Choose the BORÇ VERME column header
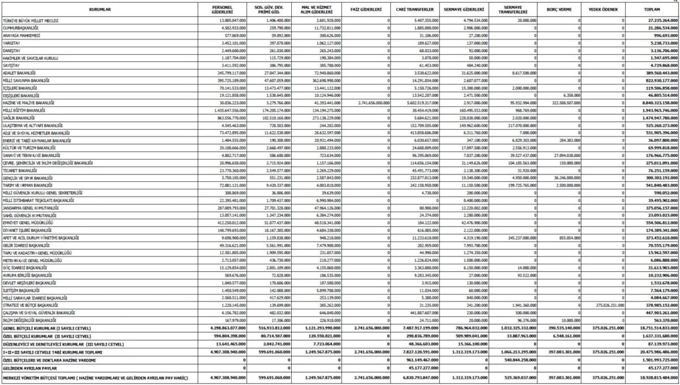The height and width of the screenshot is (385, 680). coord(559,10)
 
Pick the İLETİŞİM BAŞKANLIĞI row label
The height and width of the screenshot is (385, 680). coord(22,289)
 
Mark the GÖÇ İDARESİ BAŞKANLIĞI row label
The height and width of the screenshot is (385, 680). coord(25,267)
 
